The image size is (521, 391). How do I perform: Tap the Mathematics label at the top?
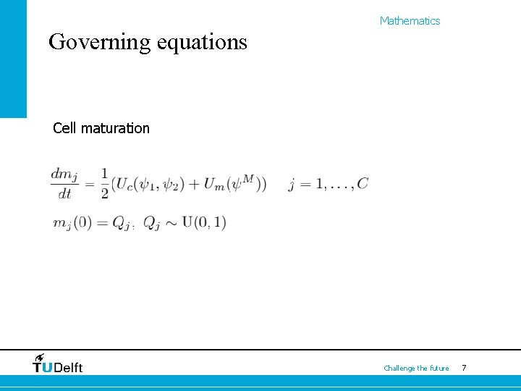tap(410, 21)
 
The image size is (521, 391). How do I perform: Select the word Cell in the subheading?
tap(65, 129)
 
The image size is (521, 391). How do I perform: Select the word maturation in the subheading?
tap(115, 129)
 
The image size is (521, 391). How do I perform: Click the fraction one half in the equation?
tap(104, 184)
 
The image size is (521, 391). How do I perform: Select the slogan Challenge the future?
tap(416, 369)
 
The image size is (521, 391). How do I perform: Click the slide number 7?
tap(464, 369)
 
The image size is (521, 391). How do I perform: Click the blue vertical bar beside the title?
tap(13, 58)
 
